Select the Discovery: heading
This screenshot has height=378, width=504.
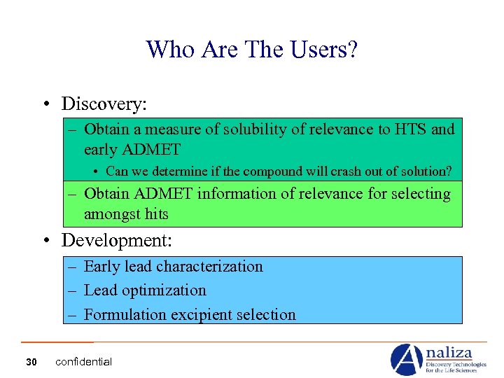(104, 104)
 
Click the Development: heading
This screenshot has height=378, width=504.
(116, 241)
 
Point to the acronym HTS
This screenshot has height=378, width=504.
(410, 129)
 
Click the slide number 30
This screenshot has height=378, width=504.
(31, 362)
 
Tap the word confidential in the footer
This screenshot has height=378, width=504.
(83, 362)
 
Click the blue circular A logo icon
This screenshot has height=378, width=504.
(405, 359)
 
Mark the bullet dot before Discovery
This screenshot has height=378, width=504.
(45, 105)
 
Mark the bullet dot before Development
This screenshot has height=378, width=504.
(45, 241)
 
